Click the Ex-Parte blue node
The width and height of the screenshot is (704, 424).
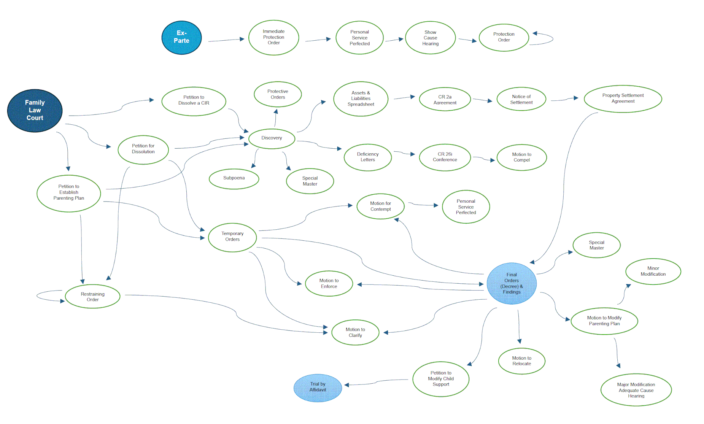coord(181,37)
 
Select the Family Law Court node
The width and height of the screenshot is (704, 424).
coord(35,110)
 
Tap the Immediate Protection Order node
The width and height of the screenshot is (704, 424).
coord(273,37)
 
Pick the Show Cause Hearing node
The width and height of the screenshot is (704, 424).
coord(430,38)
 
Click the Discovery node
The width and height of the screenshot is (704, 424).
coord(272,138)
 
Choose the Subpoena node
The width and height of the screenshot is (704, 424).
coord(234,178)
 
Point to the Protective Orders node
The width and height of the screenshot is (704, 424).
coord(278,94)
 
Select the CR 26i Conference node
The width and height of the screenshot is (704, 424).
coord(445,157)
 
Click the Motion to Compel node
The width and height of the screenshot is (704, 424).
coord(521,157)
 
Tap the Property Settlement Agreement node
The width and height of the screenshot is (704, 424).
coord(623,98)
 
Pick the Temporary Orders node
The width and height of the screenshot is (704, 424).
coord(232,237)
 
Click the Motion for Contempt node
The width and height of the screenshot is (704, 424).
coord(380,206)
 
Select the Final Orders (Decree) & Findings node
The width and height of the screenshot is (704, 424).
coord(512,283)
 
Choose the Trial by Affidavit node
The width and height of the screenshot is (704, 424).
coord(318,387)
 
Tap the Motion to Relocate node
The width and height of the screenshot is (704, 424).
coord(521,361)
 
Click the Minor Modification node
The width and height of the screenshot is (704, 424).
coord(653,271)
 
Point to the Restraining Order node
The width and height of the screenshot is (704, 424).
coord(92,297)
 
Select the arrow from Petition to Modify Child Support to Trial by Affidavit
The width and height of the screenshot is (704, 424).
coord(377,382)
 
